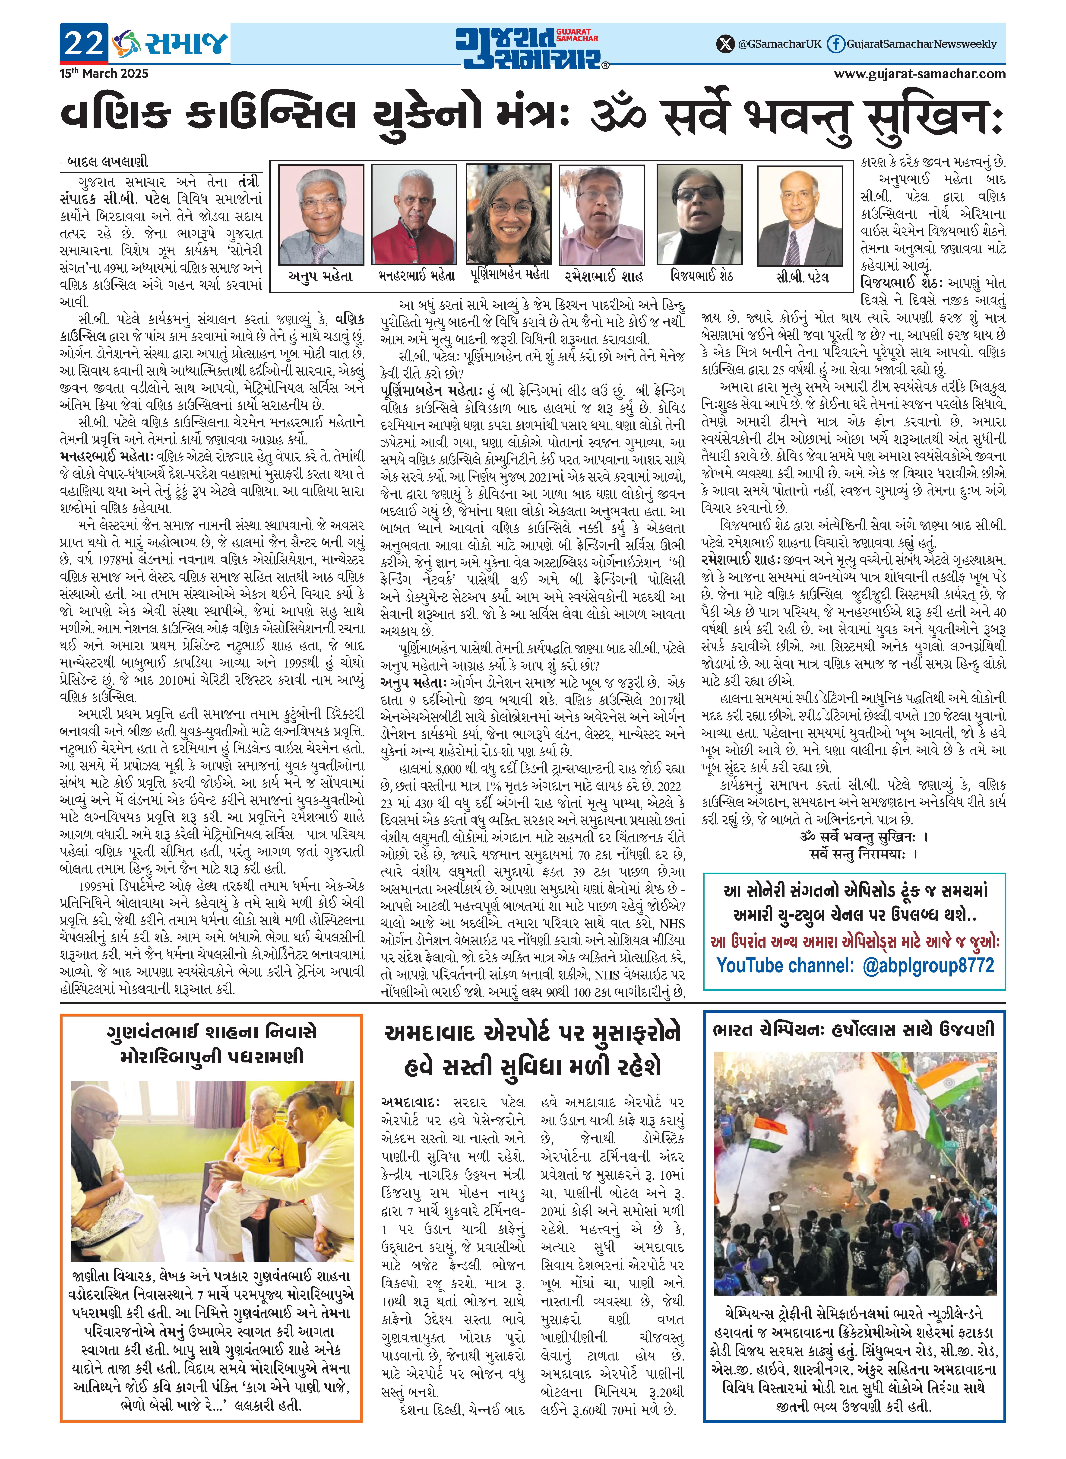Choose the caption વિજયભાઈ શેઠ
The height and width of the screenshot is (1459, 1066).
[x=701, y=276]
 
